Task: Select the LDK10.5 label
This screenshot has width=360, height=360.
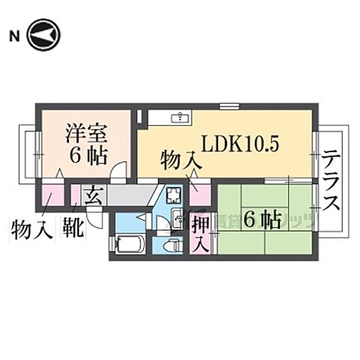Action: click(238, 142)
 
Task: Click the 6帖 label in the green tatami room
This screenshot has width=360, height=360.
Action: click(262, 219)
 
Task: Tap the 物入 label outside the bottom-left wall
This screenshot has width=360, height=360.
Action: click(31, 227)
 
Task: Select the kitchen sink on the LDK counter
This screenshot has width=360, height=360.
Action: click(180, 118)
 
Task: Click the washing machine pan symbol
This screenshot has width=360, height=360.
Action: click(175, 197)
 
